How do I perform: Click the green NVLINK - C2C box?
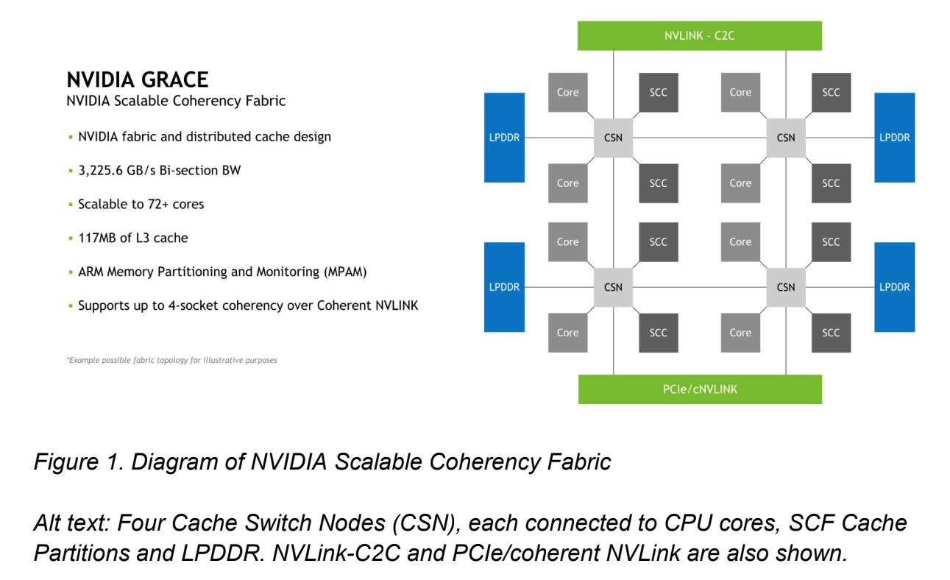pyautogui.click(x=699, y=35)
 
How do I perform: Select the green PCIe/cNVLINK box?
pyautogui.click(x=699, y=389)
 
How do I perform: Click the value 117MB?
pyautogui.click(x=95, y=238)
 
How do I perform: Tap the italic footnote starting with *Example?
pyautogui.click(x=171, y=361)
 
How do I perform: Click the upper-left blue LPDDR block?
pyautogui.click(x=504, y=138)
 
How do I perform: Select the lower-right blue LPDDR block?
pyautogui.click(x=894, y=287)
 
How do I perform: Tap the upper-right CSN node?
pyautogui.click(x=786, y=138)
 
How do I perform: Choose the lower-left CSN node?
pyautogui.click(x=613, y=287)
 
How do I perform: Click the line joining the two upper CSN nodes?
pyautogui.click(x=699, y=138)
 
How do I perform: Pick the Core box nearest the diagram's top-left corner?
pyautogui.click(x=567, y=93)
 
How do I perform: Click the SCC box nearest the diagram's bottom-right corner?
pyautogui.click(x=831, y=333)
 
